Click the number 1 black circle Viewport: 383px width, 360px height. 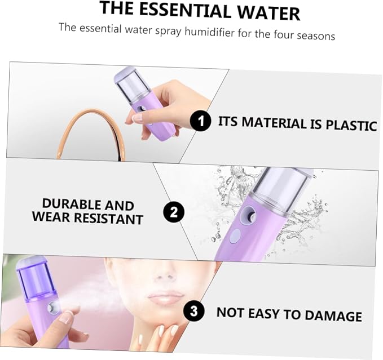[200, 121]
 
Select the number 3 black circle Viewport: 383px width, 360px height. [193, 311]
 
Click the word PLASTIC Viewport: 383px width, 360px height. [351, 125]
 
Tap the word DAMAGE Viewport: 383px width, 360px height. [333, 315]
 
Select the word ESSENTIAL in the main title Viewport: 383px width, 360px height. [185, 10]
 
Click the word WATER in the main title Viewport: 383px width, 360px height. [268, 13]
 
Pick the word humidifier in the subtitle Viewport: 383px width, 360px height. [209, 32]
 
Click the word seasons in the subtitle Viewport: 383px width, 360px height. [316, 36]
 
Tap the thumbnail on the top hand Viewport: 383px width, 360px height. [137, 118]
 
